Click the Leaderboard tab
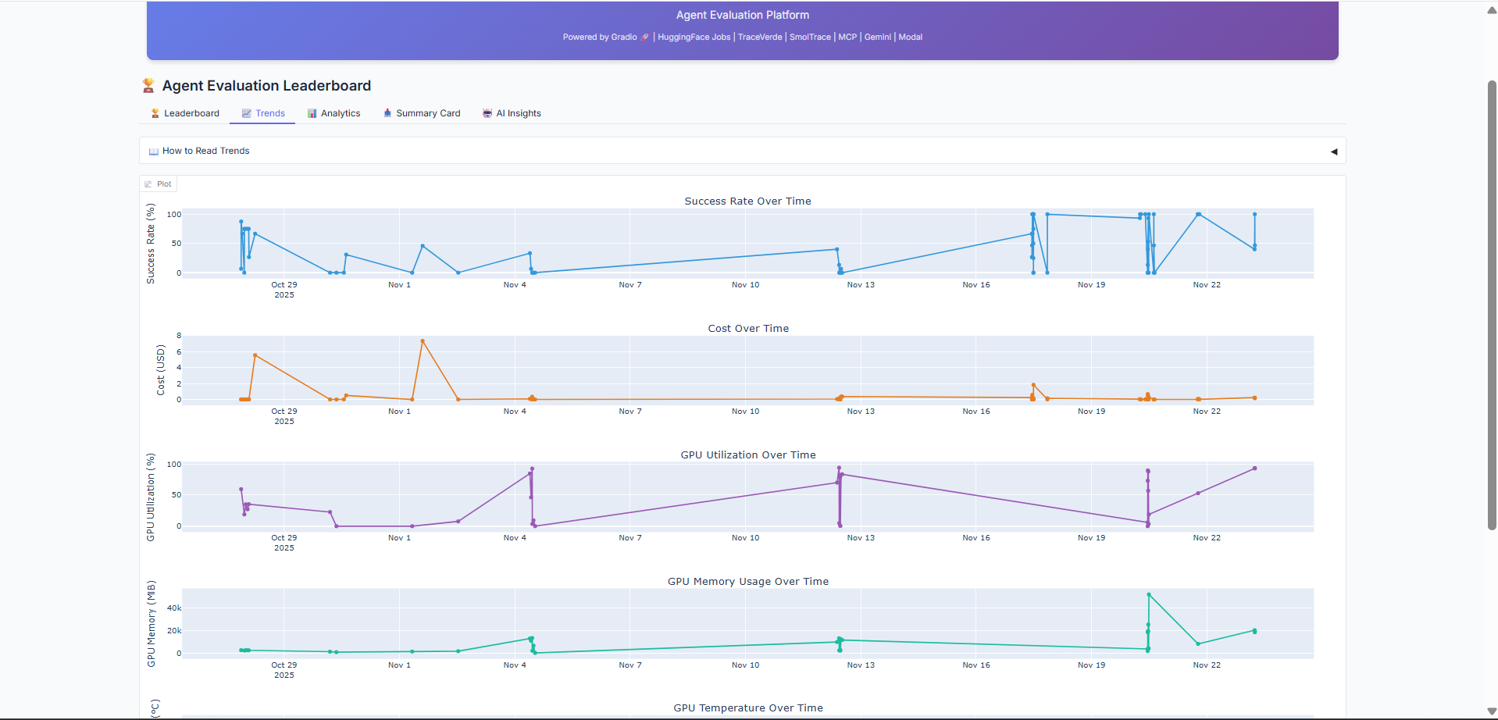coord(185,113)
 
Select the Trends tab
coord(263,113)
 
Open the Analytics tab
coord(333,113)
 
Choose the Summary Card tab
coord(422,113)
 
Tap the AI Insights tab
coord(512,113)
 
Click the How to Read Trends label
coord(205,151)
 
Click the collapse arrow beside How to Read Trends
coord(1333,151)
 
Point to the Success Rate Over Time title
coord(747,201)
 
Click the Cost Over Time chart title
coord(747,329)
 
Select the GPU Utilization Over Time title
coord(747,455)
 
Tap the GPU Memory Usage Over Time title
coord(747,582)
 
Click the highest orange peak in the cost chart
coord(423,341)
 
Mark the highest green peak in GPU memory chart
coord(1148,595)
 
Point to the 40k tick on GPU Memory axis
coord(174,608)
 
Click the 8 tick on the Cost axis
coord(179,336)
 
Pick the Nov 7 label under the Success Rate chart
coord(630,285)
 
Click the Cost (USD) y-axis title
coord(161,369)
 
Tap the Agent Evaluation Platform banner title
coord(742,16)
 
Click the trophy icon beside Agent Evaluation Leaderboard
coord(148,86)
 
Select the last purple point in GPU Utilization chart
coord(1254,469)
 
